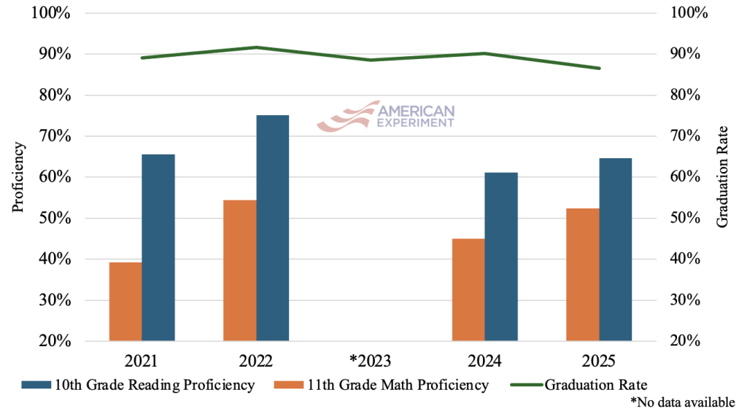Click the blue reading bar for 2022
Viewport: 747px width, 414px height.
pyautogui.click(x=272, y=227)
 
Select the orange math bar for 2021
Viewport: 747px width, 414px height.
pyautogui.click(x=125, y=301)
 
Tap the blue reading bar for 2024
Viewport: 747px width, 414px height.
pyautogui.click(x=501, y=257)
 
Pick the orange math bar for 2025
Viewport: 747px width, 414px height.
pyautogui.click(x=583, y=274)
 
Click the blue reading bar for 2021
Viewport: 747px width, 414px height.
pyautogui.click(x=158, y=247)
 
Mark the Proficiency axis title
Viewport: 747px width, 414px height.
pyautogui.click(x=19, y=177)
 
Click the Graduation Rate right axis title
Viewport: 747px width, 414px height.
pyautogui.click(x=722, y=177)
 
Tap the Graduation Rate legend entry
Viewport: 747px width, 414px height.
pyautogui.click(x=596, y=385)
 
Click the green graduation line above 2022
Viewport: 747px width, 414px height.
pyautogui.click(x=256, y=47)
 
